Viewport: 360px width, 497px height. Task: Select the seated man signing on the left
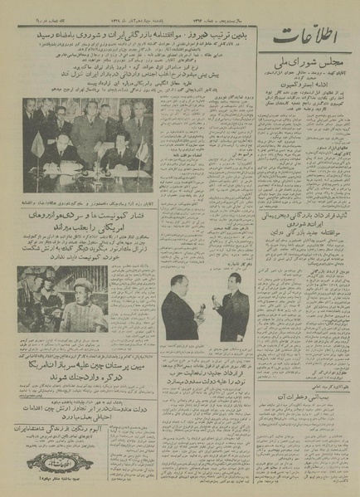pyautogui.click(x=59, y=150)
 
